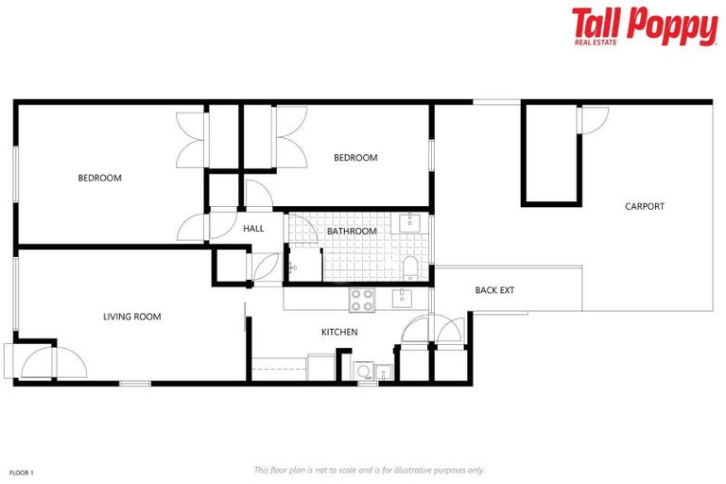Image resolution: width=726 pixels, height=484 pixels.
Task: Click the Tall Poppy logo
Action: point(644,25)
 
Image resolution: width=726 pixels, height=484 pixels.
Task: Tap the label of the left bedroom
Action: point(99,178)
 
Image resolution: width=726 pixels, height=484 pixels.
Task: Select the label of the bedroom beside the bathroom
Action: point(355,158)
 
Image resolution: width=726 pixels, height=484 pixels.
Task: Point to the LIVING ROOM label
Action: point(131,317)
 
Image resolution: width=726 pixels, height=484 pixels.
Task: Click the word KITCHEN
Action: point(339,332)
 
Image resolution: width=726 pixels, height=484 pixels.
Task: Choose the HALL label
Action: point(253,229)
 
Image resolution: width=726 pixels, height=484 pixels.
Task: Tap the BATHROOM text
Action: point(352,232)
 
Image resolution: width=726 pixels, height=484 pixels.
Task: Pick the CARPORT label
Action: point(644,206)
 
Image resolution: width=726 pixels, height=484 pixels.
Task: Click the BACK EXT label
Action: point(494,290)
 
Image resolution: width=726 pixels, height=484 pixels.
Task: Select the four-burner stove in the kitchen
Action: point(362,301)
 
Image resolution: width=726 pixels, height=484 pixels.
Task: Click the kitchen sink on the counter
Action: point(401,300)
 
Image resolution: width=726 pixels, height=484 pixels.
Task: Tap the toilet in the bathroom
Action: point(410,267)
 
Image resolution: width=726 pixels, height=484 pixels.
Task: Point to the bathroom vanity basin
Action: point(410,224)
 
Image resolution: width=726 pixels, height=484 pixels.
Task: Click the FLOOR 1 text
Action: point(22,472)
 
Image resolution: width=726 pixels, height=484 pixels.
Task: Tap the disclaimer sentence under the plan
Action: point(370,470)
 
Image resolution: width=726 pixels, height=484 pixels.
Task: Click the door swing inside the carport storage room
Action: point(594,119)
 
